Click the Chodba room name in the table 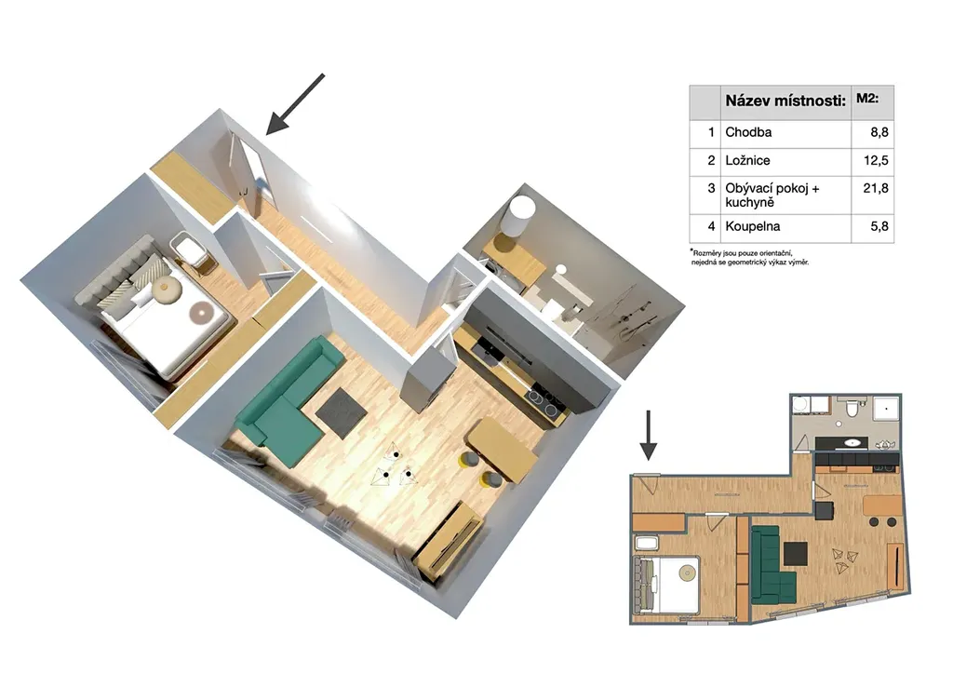(x=748, y=132)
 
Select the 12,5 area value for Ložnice (x=876, y=161)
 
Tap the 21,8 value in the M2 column (x=876, y=188)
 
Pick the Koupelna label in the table (x=752, y=227)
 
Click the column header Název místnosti (x=785, y=101)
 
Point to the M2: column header (x=867, y=98)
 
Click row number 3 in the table (x=711, y=188)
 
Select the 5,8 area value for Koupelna (x=879, y=227)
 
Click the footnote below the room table (x=749, y=257)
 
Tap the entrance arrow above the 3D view (x=295, y=103)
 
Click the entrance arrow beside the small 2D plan (x=649, y=435)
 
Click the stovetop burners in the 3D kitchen (x=544, y=403)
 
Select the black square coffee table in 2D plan (x=796, y=554)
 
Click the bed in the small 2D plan (x=666, y=584)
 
